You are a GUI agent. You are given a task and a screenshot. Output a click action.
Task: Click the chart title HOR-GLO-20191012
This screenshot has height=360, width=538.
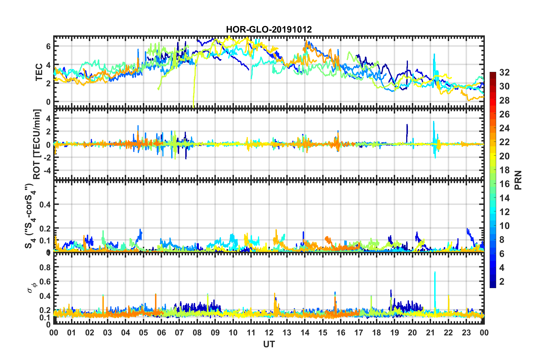269,29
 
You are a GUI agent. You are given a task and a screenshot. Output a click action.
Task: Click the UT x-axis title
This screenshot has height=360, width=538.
269,344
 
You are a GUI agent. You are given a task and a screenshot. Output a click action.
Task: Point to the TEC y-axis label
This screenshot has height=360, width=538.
39,72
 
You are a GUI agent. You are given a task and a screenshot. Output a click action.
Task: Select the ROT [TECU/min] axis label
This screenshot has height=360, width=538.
37,144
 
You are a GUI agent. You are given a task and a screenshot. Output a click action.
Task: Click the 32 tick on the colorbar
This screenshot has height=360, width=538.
504,72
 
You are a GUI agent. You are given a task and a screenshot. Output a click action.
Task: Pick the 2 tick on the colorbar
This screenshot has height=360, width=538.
502,281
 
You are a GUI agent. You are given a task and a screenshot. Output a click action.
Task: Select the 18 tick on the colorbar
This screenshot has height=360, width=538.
504,170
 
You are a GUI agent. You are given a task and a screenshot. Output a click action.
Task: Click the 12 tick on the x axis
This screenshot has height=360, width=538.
269,333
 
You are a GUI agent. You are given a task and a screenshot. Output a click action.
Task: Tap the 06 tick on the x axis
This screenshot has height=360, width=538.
161,333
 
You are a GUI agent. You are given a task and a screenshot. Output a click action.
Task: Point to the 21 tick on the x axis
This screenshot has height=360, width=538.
430,333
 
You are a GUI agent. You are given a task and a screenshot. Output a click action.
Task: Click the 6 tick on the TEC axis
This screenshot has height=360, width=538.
48,46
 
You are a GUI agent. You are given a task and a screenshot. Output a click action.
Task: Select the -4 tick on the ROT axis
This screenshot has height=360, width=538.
47,171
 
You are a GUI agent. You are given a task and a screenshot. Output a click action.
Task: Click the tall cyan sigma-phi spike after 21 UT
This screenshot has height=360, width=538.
435,273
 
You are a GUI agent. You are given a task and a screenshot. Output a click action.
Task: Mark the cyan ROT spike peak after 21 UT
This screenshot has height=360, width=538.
433,122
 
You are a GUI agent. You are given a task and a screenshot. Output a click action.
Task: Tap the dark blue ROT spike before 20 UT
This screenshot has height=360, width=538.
407,125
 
